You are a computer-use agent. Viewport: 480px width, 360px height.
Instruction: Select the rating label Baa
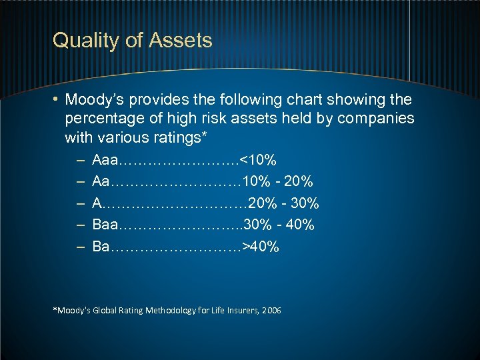point(106,225)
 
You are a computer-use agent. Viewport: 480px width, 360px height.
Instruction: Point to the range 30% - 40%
point(280,225)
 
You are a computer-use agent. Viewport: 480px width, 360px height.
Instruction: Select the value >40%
point(261,247)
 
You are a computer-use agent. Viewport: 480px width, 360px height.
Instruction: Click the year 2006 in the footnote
point(272,311)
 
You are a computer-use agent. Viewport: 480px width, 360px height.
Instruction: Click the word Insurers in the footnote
point(241,311)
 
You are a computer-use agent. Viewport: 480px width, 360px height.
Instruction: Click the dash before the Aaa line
point(80,161)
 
